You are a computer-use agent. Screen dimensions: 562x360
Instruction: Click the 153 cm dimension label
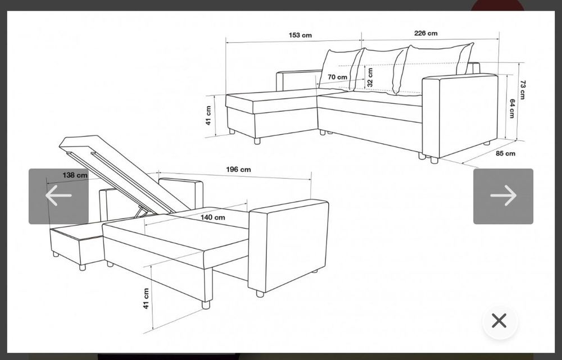tap(300, 35)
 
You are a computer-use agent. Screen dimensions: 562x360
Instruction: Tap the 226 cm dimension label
tap(426, 33)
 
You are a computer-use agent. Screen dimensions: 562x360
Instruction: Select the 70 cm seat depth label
tap(337, 77)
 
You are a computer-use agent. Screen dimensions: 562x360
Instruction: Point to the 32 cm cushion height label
tap(370, 78)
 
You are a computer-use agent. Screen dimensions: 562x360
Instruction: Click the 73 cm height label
tap(523, 89)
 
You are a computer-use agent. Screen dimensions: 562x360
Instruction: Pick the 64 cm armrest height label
tap(512, 108)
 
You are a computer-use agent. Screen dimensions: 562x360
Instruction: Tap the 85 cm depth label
tap(505, 153)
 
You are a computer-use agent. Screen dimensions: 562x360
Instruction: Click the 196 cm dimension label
tap(238, 170)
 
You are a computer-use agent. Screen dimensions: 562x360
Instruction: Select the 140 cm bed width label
tap(212, 217)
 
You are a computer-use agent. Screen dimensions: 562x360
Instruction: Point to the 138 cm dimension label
tap(75, 175)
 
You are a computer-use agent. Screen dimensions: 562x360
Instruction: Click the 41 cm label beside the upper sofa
tap(209, 115)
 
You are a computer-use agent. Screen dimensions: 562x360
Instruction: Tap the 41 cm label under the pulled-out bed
tap(146, 298)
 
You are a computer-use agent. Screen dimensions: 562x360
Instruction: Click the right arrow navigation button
tap(503, 197)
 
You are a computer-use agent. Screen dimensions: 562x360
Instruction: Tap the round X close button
tap(499, 321)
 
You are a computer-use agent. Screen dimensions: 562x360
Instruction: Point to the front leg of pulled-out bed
tap(206, 304)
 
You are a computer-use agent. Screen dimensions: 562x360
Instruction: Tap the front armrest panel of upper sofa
tap(460, 115)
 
